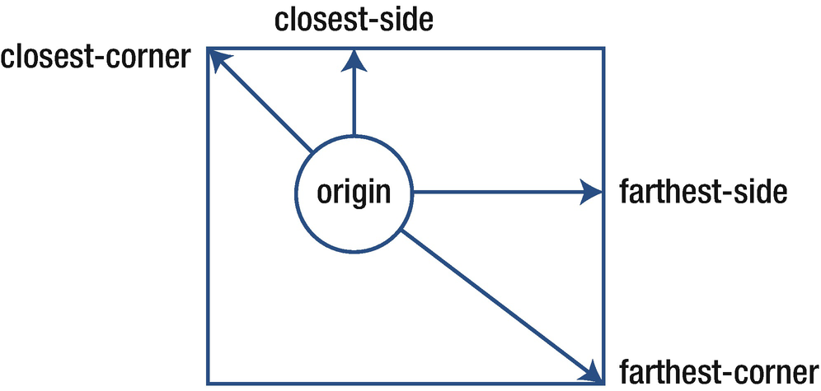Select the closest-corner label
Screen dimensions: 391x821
[x=96, y=58]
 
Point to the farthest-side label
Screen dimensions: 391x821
[x=703, y=193]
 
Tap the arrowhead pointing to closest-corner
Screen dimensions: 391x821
[x=216, y=61]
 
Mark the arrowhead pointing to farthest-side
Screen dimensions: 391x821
[x=592, y=193]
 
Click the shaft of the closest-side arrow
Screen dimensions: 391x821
[x=354, y=103]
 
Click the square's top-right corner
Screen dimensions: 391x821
[x=606, y=49]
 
